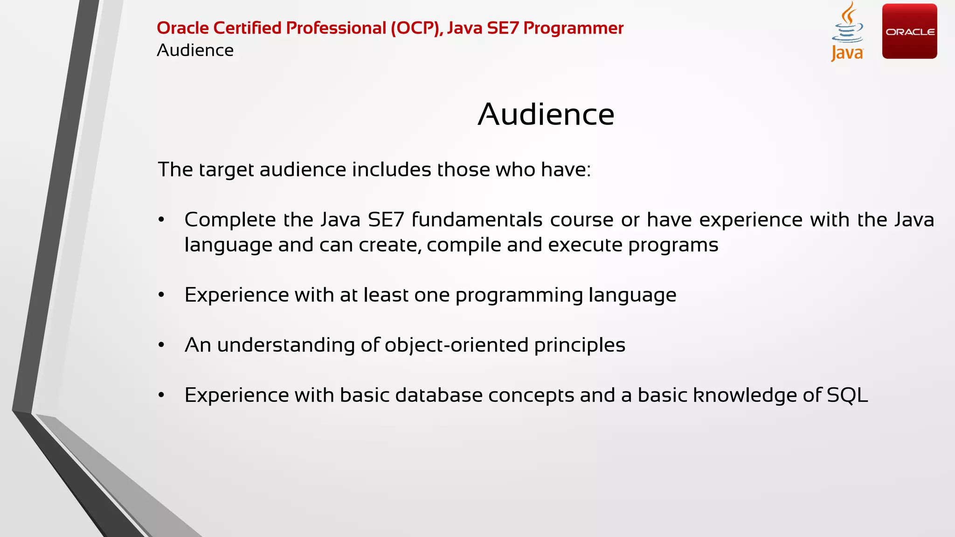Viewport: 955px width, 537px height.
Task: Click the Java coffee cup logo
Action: [847, 32]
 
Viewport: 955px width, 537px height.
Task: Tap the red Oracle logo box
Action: [909, 31]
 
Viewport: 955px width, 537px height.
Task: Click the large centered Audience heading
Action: [546, 114]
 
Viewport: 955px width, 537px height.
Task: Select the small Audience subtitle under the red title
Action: [195, 50]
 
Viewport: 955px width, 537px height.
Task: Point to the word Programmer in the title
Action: [573, 28]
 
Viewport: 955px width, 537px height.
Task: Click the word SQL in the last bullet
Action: [847, 395]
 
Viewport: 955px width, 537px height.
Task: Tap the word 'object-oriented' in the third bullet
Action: [457, 345]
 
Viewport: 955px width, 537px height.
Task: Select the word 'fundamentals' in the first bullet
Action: [477, 220]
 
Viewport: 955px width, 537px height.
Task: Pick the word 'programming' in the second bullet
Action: [519, 296]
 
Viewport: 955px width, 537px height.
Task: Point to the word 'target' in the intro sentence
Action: [226, 170]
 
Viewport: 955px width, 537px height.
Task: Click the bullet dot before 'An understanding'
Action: [161, 345]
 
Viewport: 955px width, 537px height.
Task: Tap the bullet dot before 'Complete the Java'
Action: [161, 220]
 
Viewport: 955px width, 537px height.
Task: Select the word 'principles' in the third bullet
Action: [580, 345]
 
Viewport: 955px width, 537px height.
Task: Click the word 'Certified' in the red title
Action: [248, 28]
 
